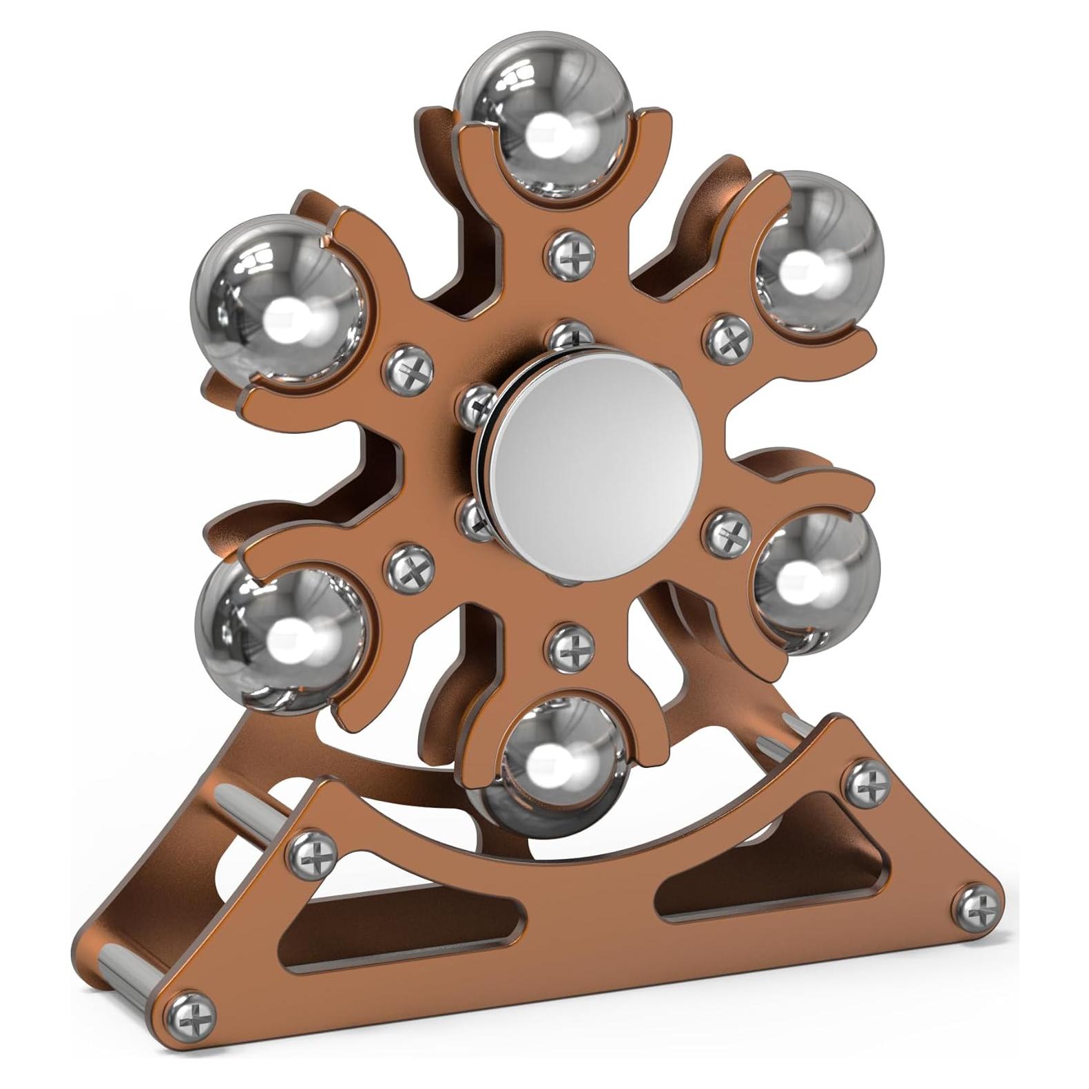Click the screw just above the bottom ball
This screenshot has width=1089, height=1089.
click(570, 647)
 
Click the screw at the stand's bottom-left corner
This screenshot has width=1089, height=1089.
click(191, 1014)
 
